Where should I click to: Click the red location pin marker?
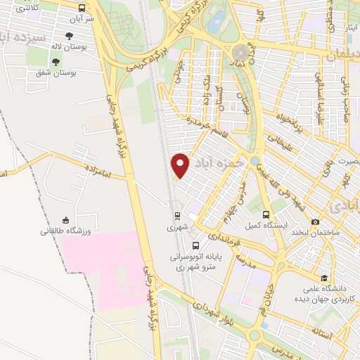click(x=181, y=165)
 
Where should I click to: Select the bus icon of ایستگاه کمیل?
click(x=266, y=214)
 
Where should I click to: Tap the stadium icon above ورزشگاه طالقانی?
click(x=65, y=219)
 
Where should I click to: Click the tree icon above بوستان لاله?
click(x=68, y=35)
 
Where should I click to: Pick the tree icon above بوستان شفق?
click(x=56, y=62)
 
